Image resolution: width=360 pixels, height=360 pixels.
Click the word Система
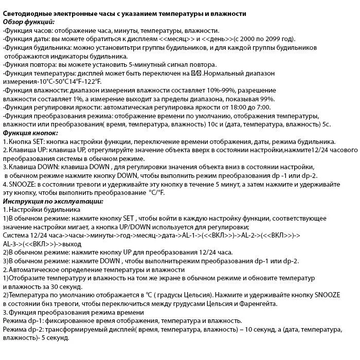16,236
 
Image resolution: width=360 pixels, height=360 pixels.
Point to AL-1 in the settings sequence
193,236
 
